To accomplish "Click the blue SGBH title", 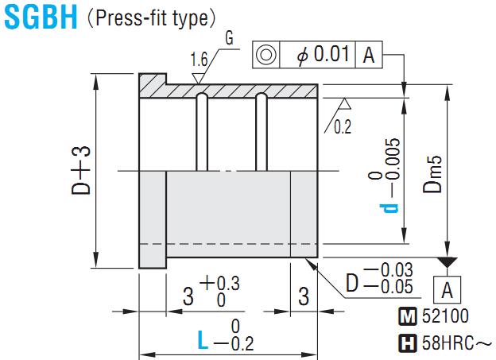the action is tap(41, 17).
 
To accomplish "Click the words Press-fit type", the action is tap(152, 18).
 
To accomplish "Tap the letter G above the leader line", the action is tap(230, 39).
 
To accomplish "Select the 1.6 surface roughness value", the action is tap(199, 60).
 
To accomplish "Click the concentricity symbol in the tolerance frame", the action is tap(265, 55).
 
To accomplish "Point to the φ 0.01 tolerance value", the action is tap(323, 54).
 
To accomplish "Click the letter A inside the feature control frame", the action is tap(369, 55).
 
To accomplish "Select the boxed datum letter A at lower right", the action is tap(447, 290).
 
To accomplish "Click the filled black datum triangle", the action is tap(447, 262).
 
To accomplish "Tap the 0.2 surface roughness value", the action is tap(343, 127).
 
